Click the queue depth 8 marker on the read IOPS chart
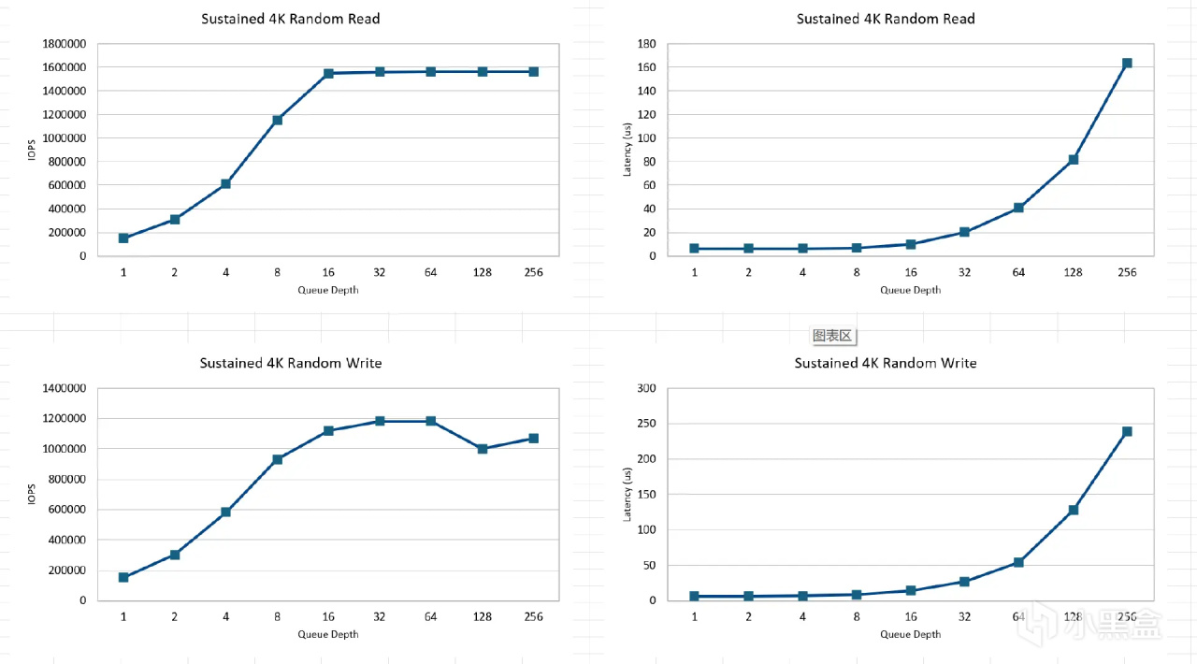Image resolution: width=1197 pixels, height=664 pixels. [x=277, y=120]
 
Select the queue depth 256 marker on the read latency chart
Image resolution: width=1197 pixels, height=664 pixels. [x=1127, y=64]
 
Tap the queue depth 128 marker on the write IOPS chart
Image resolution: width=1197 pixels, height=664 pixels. [x=483, y=449]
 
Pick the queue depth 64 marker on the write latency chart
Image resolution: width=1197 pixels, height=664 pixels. [x=1018, y=563]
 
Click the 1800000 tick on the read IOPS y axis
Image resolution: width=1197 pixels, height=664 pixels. [x=65, y=44]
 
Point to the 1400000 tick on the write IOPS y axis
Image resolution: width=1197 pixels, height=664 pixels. [x=65, y=388]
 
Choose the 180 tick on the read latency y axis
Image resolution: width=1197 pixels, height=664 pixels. [x=645, y=44]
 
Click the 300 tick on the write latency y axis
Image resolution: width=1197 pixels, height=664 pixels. [x=645, y=388]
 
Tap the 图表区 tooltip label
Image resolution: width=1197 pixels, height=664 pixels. [x=832, y=336]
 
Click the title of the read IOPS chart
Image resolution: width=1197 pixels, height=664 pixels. [x=291, y=19]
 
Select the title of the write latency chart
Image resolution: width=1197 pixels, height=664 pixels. [x=886, y=363]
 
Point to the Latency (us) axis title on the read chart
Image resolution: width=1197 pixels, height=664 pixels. [x=628, y=150]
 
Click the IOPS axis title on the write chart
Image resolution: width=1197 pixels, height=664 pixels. [x=31, y=494]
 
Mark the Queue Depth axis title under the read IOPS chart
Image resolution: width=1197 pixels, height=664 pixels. [x=328, y=290]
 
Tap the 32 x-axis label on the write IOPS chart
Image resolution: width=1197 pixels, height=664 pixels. [x=380, y=616]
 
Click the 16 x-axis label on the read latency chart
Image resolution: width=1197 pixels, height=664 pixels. [x=911, y=272]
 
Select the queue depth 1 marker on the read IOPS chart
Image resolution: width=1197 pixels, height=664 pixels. [x=123, y=238]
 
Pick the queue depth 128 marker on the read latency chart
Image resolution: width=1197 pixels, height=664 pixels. [x=1074, y=160]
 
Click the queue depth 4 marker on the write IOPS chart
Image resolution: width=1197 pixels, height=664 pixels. [x=225, y=512]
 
